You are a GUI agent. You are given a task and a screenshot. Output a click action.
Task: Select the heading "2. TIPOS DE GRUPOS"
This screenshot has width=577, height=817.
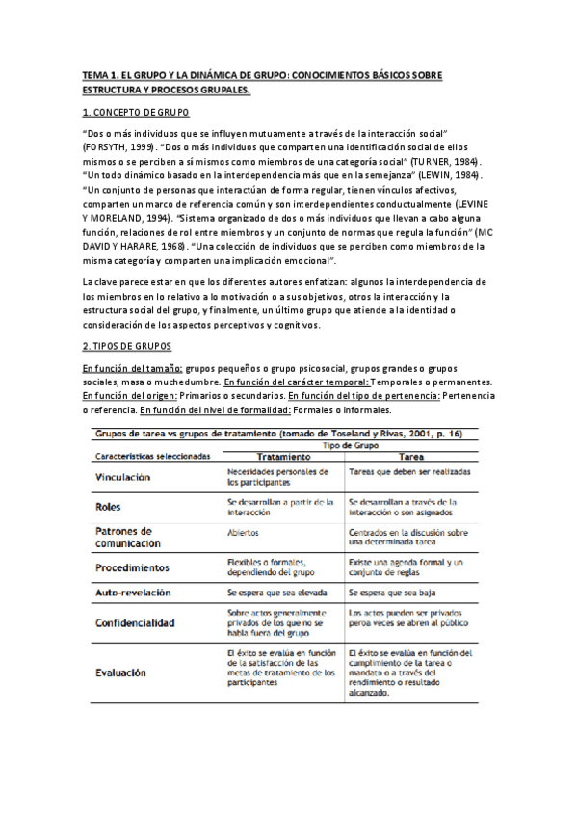pyautogui.click(x=127, y=346)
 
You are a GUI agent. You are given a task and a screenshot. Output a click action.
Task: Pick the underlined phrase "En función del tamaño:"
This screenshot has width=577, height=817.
pyautogui.click(x=132, y=369)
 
